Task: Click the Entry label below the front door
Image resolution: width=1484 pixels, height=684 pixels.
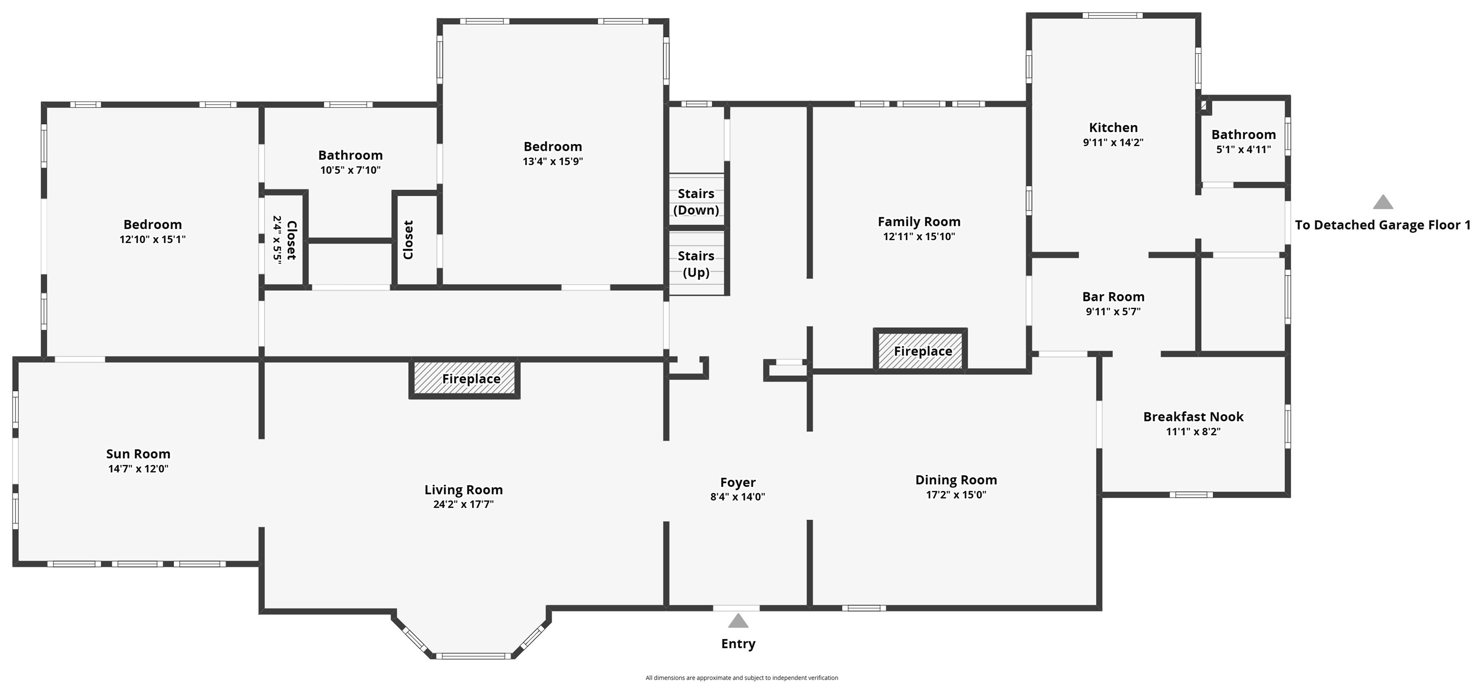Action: (738, 643)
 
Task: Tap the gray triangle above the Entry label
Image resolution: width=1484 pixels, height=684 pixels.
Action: (738, 621)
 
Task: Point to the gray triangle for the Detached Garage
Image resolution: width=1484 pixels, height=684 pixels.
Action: (1383, 202)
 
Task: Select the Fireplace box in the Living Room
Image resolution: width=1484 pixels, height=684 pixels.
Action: (464, 379)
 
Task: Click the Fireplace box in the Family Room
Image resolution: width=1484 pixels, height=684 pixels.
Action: (921, 350)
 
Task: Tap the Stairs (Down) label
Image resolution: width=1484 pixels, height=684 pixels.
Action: (696, 202)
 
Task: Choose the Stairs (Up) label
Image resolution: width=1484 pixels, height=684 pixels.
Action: (696, 264)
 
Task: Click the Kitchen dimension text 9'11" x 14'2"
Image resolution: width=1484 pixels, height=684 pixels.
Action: (1113, 142)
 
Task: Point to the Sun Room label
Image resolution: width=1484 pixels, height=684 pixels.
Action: (138, 454)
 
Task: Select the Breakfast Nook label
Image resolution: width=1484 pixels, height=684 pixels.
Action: (1193, 416)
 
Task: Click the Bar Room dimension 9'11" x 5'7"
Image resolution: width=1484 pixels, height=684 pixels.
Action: (1113, 312)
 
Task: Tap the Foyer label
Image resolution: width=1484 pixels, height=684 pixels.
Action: (738, 482)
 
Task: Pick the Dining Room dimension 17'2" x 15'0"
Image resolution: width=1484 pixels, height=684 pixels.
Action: (956, 495)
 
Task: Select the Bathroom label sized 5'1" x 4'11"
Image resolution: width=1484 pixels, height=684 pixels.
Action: (1244, 135)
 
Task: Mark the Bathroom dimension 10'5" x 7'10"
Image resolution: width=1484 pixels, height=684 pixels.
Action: (350, 170)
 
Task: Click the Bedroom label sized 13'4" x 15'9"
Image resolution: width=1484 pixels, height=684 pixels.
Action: (553, 147)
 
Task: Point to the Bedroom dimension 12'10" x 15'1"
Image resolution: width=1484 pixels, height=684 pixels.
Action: (153, 239)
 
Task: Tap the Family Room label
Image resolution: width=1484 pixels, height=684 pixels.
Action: (919, 222)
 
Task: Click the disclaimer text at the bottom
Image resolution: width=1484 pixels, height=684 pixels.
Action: (742, 678)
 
